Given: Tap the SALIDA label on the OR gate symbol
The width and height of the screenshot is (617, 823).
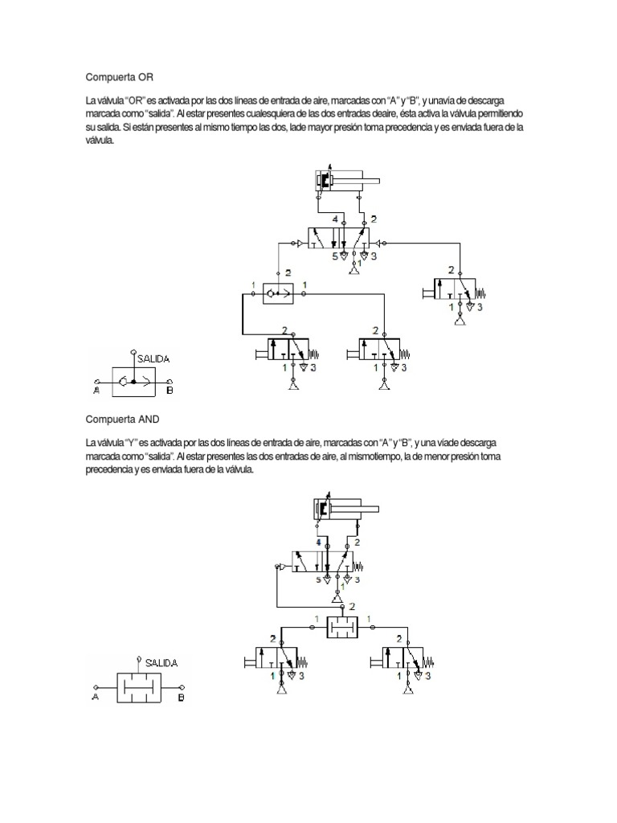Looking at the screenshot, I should pyautogui.click(x=154, y=360).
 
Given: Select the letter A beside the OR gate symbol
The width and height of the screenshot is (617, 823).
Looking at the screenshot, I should pyautogui.click(x=96, y=391).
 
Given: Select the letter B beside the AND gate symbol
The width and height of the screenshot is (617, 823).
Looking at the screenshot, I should pyautogui.click(x=181, y=698).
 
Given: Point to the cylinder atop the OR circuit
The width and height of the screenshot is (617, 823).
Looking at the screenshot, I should pyautogui.click(x=341, y=182).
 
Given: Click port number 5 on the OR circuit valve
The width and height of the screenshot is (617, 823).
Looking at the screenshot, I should pyautogui.click(x=335, y=257).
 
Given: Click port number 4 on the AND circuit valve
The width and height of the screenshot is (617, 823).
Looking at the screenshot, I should pyautogui.click(x=317, y=543).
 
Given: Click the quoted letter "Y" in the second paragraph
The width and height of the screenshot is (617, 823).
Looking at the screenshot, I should pyautogui.click(x=133, y=442).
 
